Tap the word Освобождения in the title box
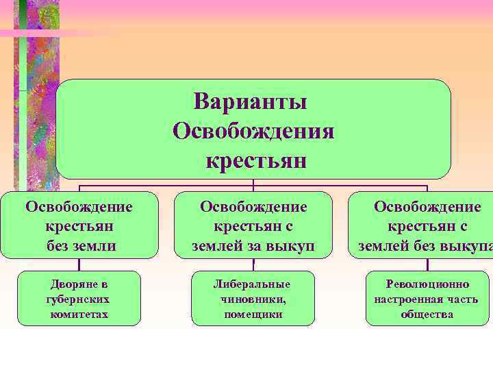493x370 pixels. click(x=253, y=130)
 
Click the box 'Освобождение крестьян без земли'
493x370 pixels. click(x=79, y=225)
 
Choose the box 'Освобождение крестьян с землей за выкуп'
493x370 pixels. click(x=253, y=225)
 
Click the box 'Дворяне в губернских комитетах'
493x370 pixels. click(x=79, y=298)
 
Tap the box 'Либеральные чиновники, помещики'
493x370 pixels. click(x=253, y=298)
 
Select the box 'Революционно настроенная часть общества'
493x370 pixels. click(x=427, y=298)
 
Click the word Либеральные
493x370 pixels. click(x=253, y=284)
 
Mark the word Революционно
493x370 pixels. click(x=427, y=284)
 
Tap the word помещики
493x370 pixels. click(x=253, y=314)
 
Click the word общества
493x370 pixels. click(x=427, y=314)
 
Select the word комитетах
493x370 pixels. click(x=79, y=314)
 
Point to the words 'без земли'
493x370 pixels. click(x=79, y=245)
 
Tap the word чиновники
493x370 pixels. click(x=253, y=299)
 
